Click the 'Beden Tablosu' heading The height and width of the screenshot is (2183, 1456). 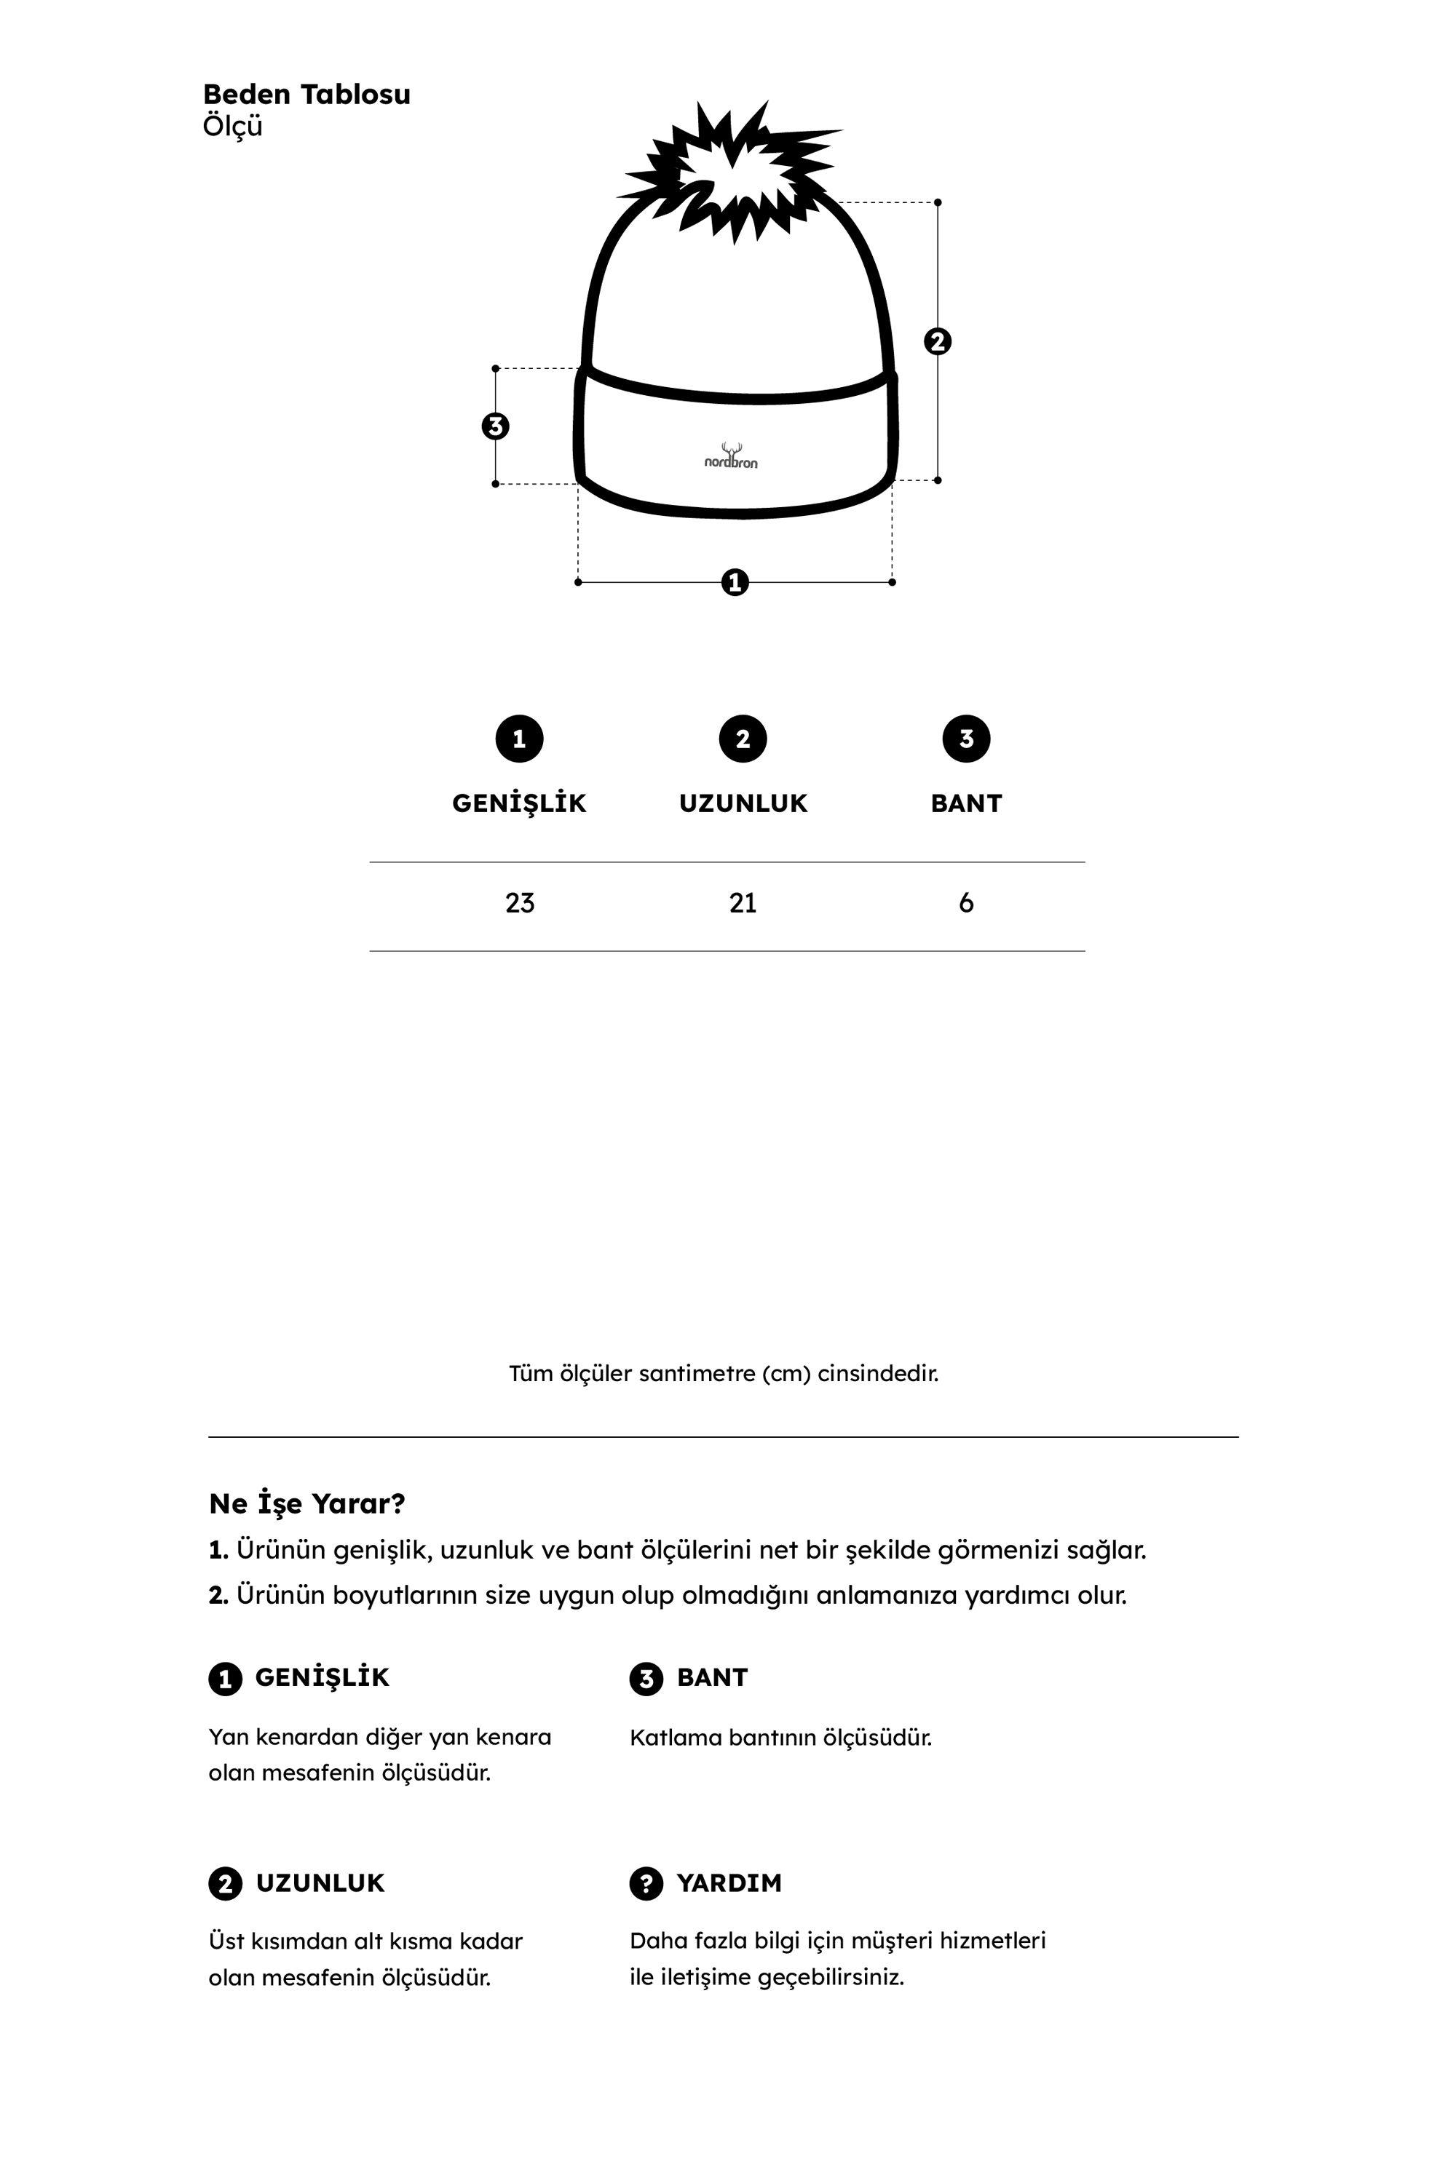(306, 95)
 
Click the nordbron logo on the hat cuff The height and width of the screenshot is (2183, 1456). (731, 457)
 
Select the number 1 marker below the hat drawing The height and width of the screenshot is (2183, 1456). (735, 583)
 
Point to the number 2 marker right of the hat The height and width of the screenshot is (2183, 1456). (938, 341)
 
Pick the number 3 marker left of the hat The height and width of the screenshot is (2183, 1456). (496, 426)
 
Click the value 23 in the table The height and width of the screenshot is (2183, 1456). (520, 903)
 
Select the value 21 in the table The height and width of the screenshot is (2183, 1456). (743, 903)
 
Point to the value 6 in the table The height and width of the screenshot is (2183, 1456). (966, 903)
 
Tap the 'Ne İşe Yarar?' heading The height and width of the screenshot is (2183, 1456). (307, 1503)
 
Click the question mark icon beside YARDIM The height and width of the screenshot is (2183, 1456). (646, 1883)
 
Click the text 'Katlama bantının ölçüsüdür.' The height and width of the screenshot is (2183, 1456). (780, 1738)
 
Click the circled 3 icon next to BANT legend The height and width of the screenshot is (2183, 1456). (646, 1678)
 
